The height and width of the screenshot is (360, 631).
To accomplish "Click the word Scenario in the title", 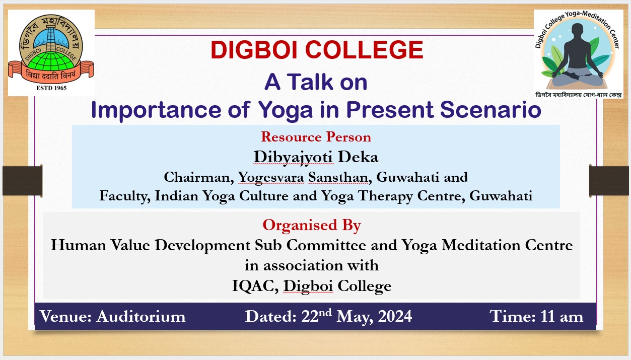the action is (490, 109).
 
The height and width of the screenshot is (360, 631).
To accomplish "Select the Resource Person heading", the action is (316, 137).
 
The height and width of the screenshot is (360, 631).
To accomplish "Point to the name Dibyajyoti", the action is (293, 157).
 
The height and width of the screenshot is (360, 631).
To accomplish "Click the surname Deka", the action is (358, 157).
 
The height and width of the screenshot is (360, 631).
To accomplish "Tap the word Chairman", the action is (199, 177).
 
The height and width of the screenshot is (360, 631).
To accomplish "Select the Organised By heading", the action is (312, 226).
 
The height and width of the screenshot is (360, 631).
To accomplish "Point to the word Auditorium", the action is (141, 316).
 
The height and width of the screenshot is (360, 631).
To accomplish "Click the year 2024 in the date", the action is (395, 316).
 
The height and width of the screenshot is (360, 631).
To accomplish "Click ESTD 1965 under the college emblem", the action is (51, 88).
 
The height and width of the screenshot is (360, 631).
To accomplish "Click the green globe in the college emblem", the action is (51, 62).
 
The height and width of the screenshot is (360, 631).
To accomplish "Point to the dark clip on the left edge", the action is (23, 181).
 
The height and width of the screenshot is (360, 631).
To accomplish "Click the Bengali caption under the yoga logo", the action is (579, 95).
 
